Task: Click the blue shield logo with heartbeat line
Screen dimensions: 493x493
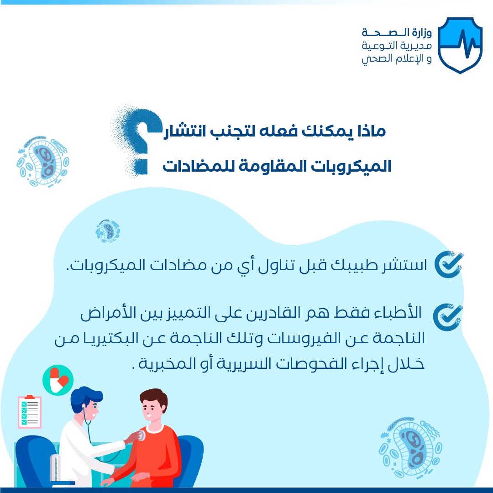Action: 460,45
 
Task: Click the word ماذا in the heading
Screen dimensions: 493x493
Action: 371,131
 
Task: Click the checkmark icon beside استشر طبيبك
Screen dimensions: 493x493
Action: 449,264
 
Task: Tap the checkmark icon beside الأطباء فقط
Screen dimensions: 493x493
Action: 447,317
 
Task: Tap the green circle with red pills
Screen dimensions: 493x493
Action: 58,380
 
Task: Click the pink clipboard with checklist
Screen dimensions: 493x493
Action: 30,412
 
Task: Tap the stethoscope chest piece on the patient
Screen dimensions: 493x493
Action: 141,435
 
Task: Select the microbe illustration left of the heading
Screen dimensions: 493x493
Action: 43,162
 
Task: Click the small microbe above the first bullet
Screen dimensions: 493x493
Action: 108,231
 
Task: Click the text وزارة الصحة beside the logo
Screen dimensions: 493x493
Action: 397,32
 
